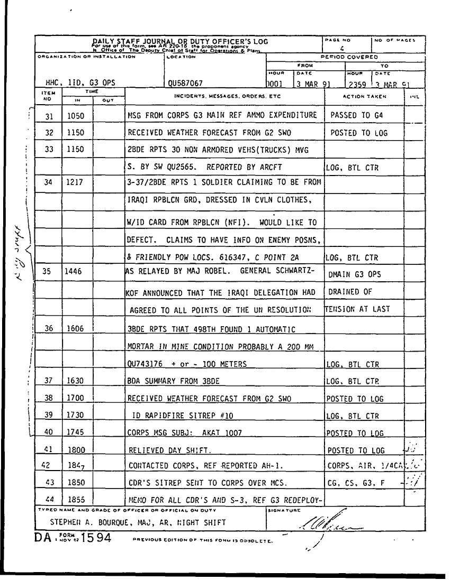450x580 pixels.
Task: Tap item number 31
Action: pyautogui.click(x=50, y=115)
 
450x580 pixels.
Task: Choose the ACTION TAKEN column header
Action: pyautogui.click(x=365, y=97)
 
